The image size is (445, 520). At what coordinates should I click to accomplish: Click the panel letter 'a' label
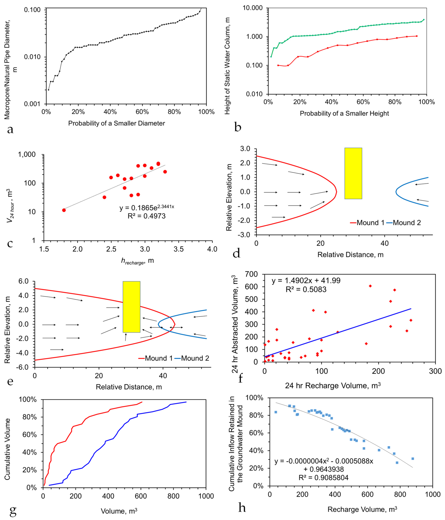10,130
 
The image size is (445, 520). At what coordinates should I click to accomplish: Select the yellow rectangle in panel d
353,173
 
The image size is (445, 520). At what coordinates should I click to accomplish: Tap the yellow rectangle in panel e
131,307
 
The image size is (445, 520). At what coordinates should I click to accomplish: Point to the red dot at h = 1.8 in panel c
64,210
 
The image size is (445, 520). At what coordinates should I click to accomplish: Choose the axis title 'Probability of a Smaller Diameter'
117,123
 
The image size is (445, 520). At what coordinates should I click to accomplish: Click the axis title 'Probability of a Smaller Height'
344,113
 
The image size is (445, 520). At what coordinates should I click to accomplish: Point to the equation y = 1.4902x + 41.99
306,281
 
